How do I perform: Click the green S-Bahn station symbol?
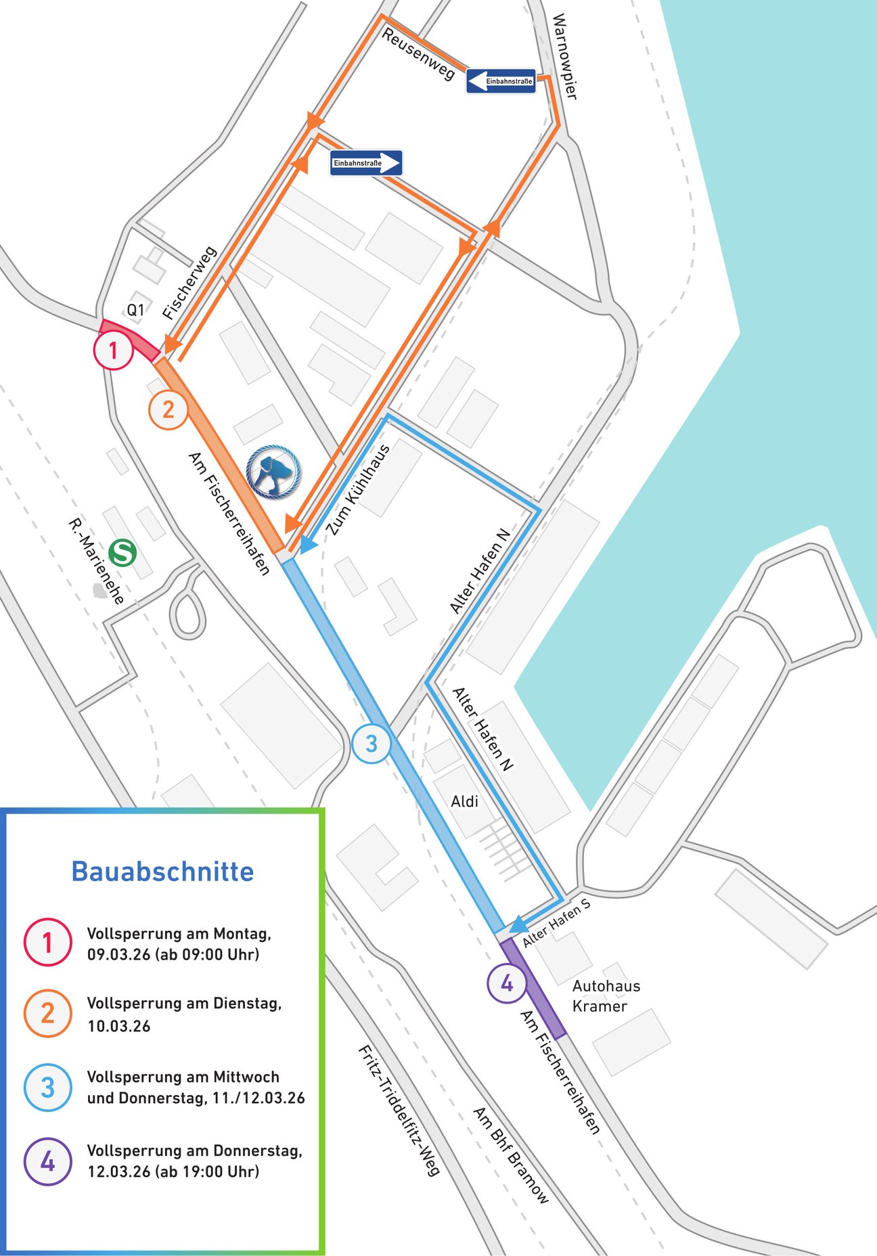[122, 552]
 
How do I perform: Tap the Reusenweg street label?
[418, 54]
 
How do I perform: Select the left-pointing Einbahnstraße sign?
[501, 81]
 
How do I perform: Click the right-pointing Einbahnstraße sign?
[366, 163]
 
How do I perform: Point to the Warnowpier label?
[564, 57]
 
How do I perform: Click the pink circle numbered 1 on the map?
[113, 351]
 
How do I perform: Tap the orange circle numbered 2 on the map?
[168, 409]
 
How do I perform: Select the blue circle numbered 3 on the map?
[372, 744]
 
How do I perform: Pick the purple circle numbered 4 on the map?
[507, 983]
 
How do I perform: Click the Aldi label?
[464, 801]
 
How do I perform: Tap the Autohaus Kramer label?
[606, 995]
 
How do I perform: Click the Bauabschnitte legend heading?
[162, 872]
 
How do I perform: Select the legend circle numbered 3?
[47, 1087]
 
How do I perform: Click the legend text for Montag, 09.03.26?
[179, 944]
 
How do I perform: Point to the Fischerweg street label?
[189, 283]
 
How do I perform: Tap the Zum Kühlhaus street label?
[358, 490]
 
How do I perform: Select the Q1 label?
[135, 310]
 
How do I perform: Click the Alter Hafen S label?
[556, 922]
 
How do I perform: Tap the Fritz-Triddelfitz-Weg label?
[399, 1110]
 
